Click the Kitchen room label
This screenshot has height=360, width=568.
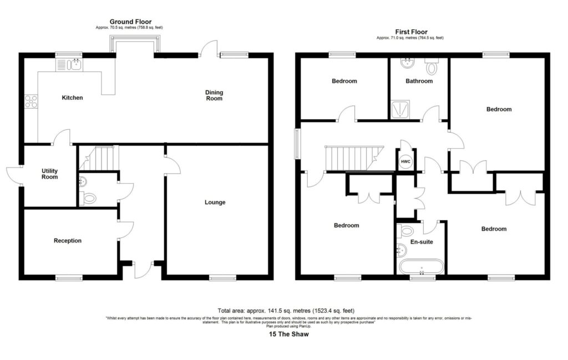pyautogui.click(x=72, y=98)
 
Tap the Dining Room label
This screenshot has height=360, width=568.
pyautogui.click(x=214, y=95)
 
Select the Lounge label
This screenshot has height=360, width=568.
pyautogui.click(x=215, y=202)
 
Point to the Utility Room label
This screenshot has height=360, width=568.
pyautogui.click(x=50, y=174)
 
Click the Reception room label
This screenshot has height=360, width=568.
pyautogui.click(x=68, y=241)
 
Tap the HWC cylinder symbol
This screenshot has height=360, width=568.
pyautogui.click(x=405, y=161)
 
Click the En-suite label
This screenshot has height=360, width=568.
pyautogui.click(x=421, y=242)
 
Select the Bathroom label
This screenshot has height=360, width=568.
pyautogui.click(x=419, y=81)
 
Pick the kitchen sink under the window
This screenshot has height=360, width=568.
pyautogui.click(x=69, y=65)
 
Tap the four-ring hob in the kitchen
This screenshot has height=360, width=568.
pyautogui.click(x=31, y=102)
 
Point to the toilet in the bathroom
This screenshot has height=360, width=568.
pyautogui.click(x=432, y=68)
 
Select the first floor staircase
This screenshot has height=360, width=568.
pyautogui.click(x=352, y=158)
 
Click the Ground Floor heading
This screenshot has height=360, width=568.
pyautogui.click(x=130, y=22)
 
